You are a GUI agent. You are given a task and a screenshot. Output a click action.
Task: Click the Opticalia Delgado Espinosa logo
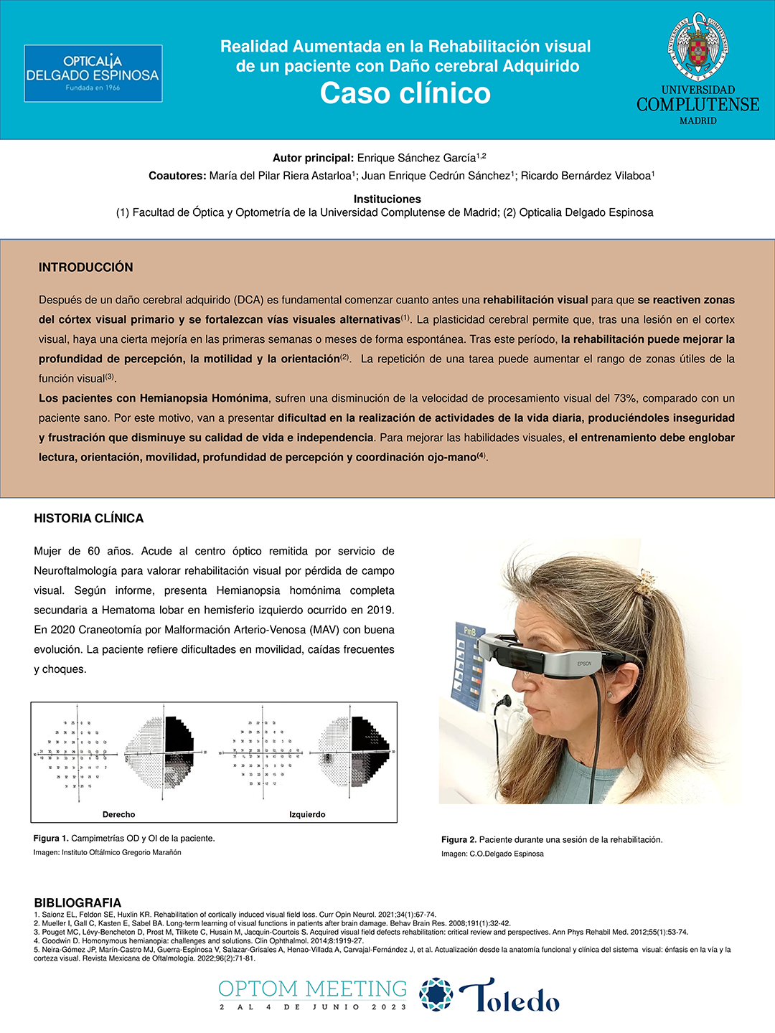(x=93, y=74)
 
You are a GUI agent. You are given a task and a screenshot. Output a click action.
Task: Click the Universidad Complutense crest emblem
(x=697, y=47)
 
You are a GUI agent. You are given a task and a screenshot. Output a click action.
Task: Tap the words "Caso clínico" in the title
(x=405, y=93)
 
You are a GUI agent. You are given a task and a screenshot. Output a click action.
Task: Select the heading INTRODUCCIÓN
(x=86, y=268)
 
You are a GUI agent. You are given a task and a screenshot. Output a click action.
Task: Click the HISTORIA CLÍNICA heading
(x=89, y=519)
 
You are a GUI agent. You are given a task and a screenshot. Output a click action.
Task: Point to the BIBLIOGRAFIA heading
(x=77, y=902)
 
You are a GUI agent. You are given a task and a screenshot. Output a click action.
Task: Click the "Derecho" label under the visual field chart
(x=119, y=815)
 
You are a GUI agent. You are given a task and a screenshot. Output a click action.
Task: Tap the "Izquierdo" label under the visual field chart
(x=307, y=815)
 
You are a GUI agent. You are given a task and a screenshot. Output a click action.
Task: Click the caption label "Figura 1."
(x=51, y=839)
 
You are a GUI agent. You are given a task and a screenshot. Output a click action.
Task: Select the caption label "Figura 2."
(x=459, y=840)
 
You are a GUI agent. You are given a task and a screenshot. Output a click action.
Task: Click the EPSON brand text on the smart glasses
(x=585, y=664)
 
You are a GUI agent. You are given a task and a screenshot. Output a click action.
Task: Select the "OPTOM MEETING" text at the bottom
(x=312, y=989)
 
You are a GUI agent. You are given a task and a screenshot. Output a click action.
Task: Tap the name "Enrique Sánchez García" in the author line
(x=417, y=158)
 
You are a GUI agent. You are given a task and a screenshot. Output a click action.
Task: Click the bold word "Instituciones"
(x=387, y=199)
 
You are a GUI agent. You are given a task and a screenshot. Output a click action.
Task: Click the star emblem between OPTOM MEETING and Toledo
(x=436, y=994)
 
